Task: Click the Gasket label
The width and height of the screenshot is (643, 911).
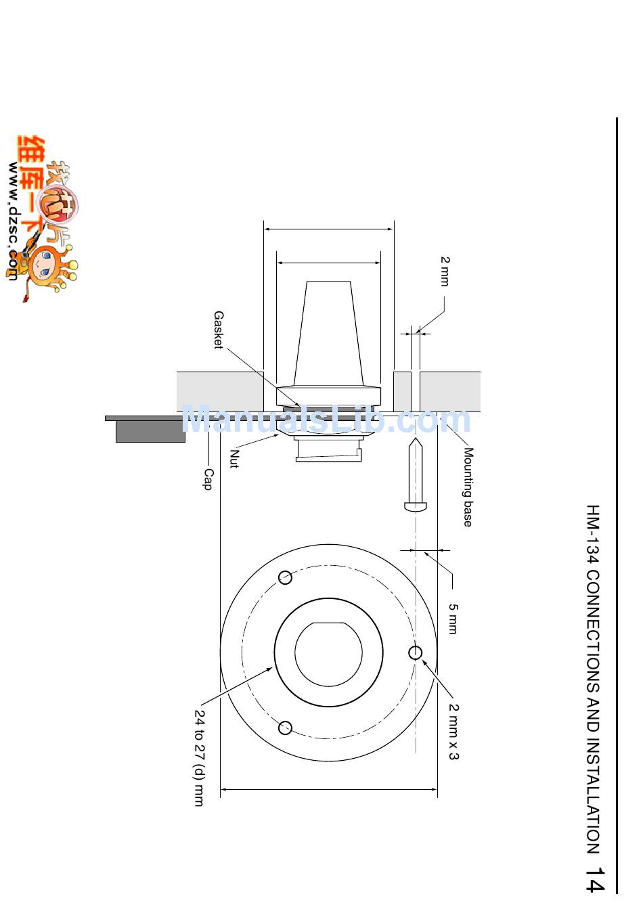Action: [x=219, y=330]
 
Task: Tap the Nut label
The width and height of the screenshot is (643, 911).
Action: [x=234, y=459]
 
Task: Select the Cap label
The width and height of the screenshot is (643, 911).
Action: [x=208, y=479]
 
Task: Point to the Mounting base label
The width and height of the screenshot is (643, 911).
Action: [x=468, y=487]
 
